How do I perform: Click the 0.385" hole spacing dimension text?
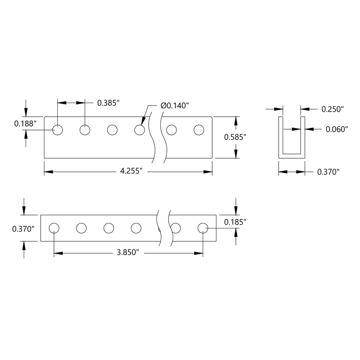tap(108, 103)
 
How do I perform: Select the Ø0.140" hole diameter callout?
tap(175, 105)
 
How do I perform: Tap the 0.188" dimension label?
tap(25, 123)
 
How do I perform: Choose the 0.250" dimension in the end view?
tap(333, 109)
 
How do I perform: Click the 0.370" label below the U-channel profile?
tap(328, 171)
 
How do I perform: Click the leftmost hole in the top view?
tap(58, 130)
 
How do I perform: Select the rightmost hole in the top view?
tap(199, 130)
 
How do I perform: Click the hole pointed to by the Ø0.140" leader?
tap(140, 130)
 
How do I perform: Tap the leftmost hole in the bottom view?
tap(54, 228)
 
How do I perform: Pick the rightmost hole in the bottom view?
tap(203, 228)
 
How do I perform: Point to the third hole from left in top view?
tap(112, 130)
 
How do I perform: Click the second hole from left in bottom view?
tap(81, 228)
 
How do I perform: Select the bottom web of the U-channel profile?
tap(291, 156)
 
